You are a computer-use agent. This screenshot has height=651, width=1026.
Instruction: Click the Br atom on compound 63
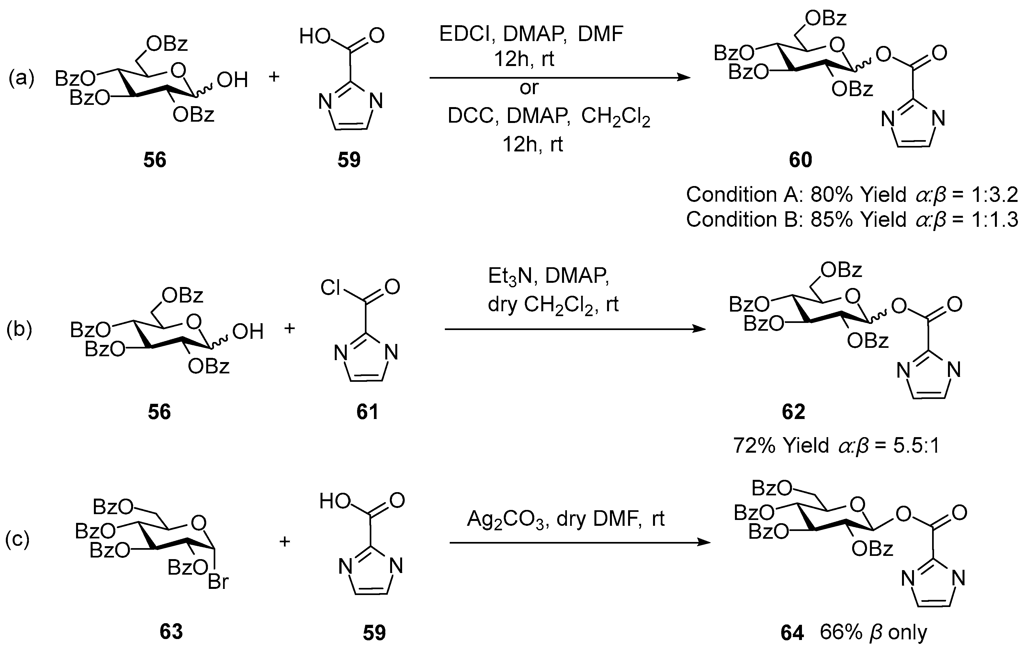point(218,582)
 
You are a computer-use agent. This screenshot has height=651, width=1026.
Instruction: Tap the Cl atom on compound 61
point(330,288)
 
